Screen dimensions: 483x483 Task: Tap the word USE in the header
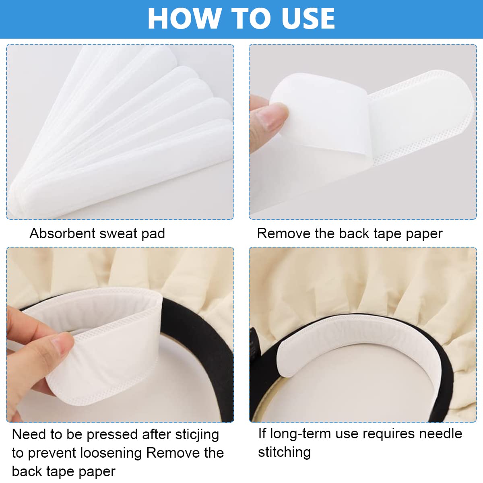point(308,19)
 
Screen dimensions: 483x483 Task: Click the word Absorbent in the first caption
point(62,233)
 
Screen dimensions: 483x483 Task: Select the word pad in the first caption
point(153,234)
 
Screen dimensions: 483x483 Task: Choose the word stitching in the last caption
point(284,452)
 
